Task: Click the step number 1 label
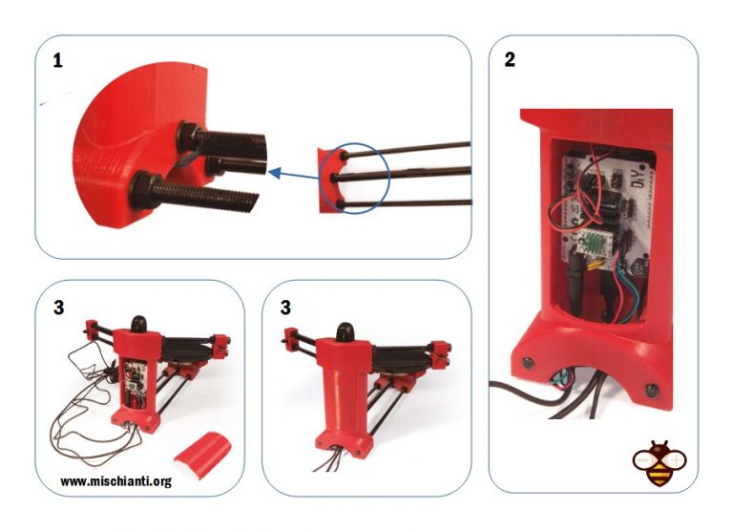(58, 60)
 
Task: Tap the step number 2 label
(510, 60)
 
